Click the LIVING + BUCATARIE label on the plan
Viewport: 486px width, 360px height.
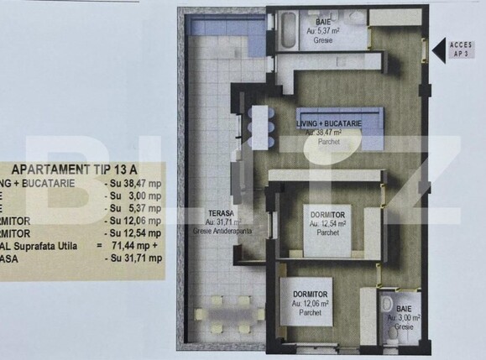pyautogui.click(x=330, y=124)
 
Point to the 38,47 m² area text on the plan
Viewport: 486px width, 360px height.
pyautogui.click(x=330, y=133)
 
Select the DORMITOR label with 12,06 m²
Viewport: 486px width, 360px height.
pyautogui.click(x=311, y=294)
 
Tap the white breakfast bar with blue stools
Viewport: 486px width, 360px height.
pyautogui.click(x=257, y=126)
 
